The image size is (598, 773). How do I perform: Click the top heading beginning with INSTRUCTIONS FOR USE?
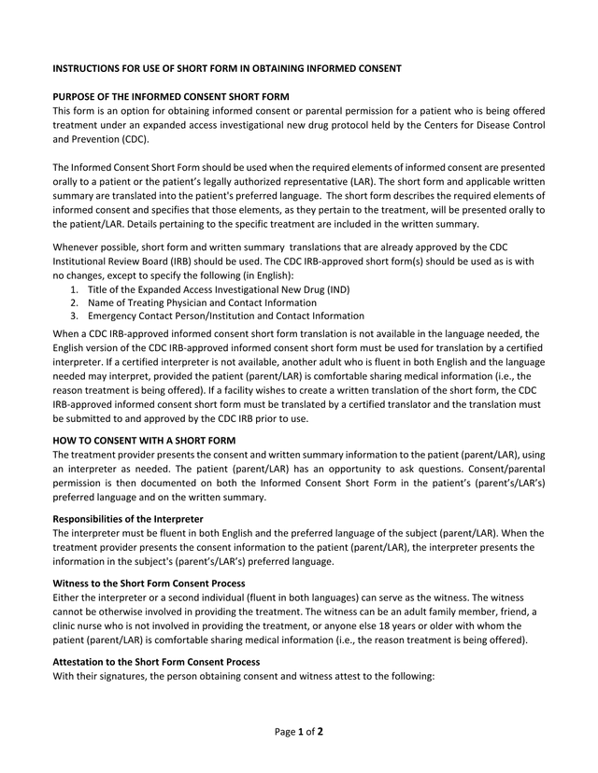227,68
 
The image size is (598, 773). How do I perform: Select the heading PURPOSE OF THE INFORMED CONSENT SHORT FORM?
171,97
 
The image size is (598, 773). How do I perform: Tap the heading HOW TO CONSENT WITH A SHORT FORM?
144,440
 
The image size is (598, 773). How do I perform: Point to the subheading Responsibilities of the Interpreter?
128,518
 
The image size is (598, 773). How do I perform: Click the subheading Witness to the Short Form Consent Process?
149,583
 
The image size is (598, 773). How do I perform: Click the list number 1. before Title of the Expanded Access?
75,290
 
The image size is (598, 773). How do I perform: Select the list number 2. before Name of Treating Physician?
75,303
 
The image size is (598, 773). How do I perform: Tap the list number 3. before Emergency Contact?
75,316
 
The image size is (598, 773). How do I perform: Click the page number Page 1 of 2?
299,732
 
